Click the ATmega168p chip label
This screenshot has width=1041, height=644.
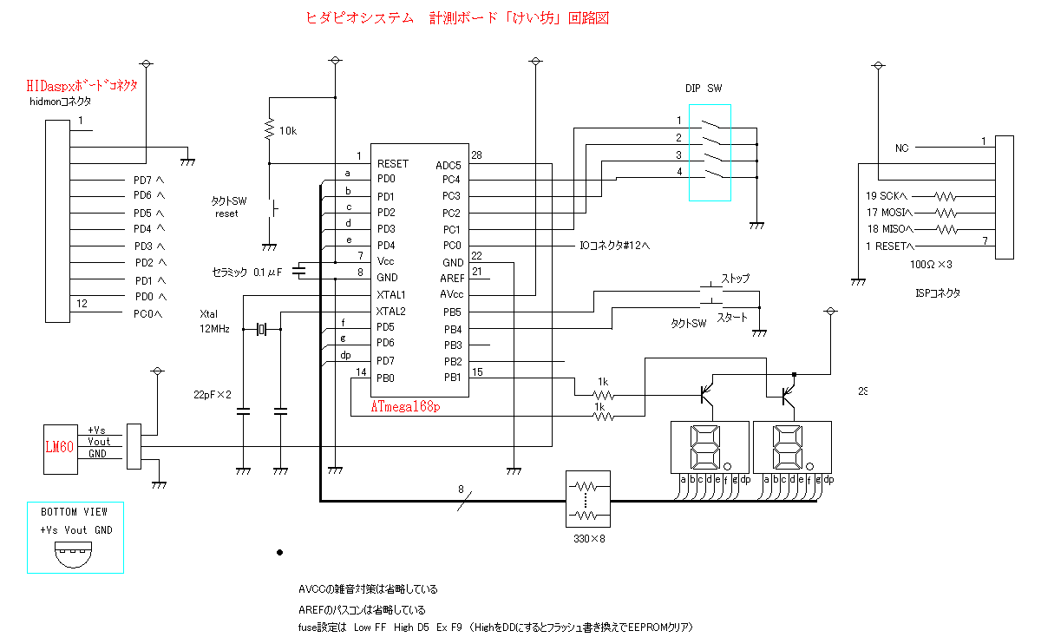pos(406,405)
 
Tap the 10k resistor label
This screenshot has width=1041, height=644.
pos(287,131)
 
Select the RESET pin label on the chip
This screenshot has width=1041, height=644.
pos(392,164)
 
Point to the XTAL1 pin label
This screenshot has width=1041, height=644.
pos(391,295)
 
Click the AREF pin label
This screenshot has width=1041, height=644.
pos(452,278)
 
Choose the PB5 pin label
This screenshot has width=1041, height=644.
pos(451,312)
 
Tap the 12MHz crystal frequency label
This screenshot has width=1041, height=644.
pos(214,329)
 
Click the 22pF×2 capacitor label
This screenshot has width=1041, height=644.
pos(213,394)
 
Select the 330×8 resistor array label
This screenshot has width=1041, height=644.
pos(589,539)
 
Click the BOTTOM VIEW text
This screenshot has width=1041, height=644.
pos(75,512)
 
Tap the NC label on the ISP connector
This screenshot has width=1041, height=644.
pos(901,148)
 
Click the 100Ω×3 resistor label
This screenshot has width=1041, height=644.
pos(933,263)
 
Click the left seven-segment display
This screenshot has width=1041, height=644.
pos(710,448)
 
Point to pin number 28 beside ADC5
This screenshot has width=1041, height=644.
pos(476,155)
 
